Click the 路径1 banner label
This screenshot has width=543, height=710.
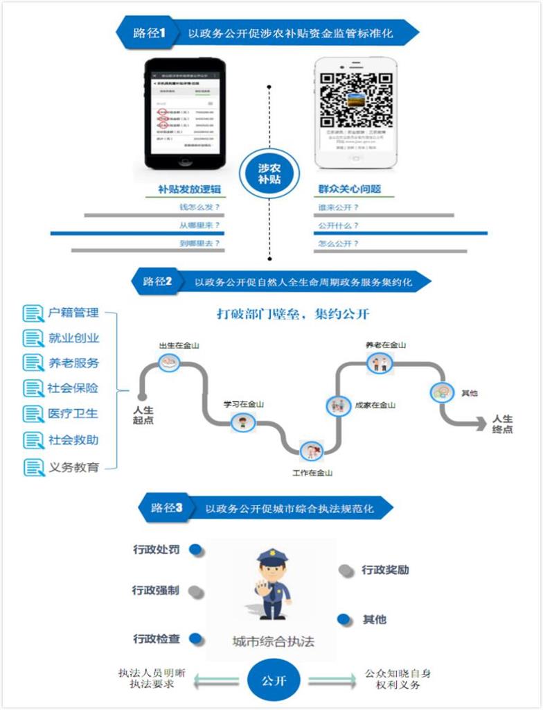150,33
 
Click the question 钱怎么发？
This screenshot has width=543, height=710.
199,207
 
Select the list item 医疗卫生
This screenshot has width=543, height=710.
73,414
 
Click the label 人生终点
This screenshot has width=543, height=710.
502,424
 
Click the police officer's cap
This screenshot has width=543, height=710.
271,556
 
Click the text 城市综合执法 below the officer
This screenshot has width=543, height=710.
273,641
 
